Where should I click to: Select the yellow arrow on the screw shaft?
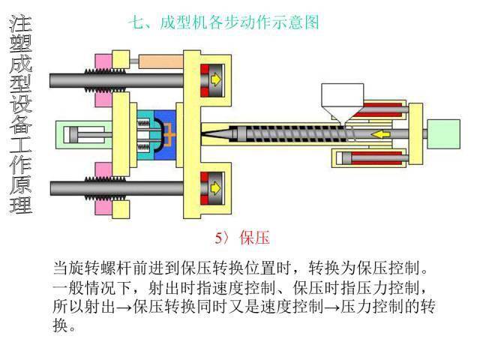point(383,134)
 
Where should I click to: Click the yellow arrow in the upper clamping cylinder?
point(216,78)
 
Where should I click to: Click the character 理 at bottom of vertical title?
point(20,203)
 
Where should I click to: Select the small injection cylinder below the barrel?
point(367,158)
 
